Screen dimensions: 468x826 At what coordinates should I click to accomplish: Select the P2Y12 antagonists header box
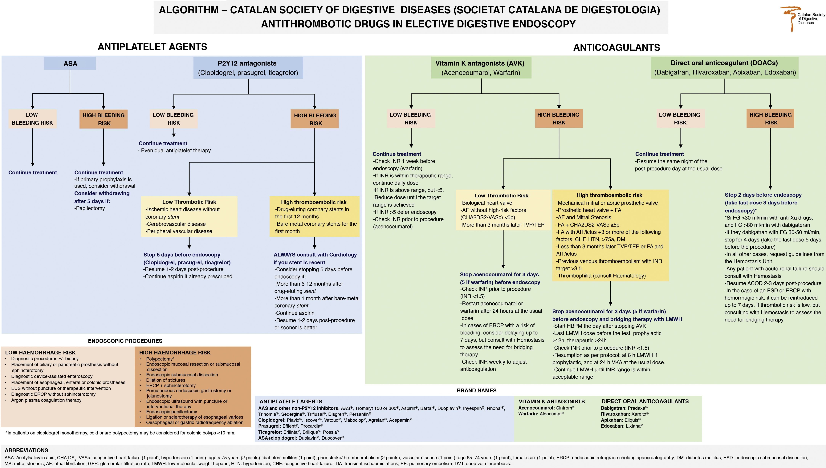(248, 68)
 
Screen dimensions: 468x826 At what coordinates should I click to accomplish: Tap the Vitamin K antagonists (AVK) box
(481, 67)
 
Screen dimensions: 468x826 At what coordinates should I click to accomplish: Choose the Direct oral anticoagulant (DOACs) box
(725, 67)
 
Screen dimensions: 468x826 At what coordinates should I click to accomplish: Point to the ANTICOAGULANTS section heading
(616, 48)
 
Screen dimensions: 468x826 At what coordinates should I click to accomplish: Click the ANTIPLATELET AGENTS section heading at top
(152, 47)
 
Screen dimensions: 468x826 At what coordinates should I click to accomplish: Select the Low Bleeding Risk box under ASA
(32, 119)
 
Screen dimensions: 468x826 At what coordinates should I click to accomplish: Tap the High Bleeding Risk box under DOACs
(770, 119)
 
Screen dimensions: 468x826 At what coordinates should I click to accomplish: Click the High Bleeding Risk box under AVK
(559, 119)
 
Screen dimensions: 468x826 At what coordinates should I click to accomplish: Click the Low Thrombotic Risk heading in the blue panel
(189, 202)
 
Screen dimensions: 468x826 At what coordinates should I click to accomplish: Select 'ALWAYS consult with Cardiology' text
(315, 255)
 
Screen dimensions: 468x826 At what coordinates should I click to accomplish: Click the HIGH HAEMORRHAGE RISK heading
(175, 353)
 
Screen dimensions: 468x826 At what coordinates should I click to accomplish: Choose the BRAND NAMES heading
(477, 390)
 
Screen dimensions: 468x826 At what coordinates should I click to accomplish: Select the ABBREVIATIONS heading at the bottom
(26, 450)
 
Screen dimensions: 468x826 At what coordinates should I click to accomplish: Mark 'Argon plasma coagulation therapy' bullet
(46, 400)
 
